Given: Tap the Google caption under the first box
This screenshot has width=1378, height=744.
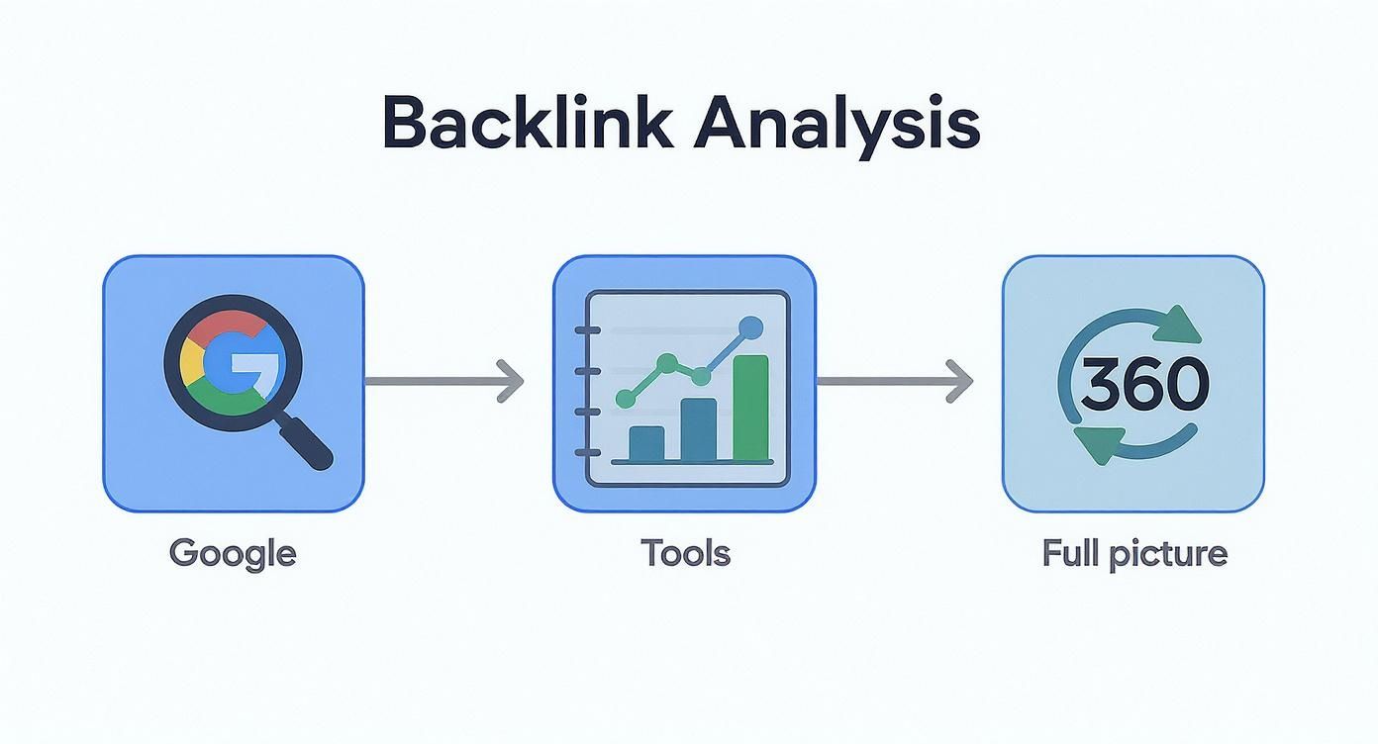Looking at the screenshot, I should pyautogui.click(x=233, y=552).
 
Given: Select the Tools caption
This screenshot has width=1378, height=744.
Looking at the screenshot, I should pyautogui.click(x=685, y=552).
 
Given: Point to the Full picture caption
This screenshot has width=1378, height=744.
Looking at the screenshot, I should pyautogui.click(x=1134, y=552).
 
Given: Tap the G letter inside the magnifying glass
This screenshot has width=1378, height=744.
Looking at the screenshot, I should pyautogui.click(x=233, y=369).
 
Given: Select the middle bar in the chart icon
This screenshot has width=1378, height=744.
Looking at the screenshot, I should pyautogui.click(x=698, y=429).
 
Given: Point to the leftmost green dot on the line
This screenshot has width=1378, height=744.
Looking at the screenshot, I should pyautogui.click(x=625, y=399).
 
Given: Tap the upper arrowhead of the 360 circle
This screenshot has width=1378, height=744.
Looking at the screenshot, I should pyautogui.click(x=1178, y=323).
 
